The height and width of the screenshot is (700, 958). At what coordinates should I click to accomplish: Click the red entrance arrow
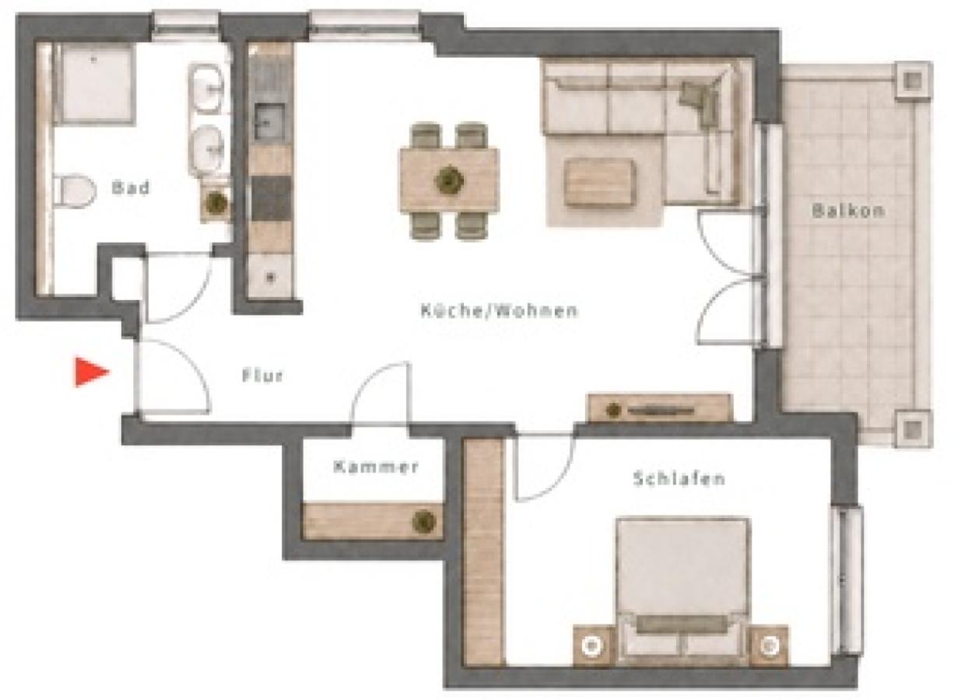pos(91,373)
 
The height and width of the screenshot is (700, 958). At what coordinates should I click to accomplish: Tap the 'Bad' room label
pos(131,187)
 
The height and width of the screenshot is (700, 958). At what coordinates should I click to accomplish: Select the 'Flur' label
pos(262,376)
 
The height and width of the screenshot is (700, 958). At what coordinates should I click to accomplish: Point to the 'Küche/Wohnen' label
pos(499,310)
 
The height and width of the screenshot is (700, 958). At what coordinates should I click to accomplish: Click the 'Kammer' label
pos(376,467)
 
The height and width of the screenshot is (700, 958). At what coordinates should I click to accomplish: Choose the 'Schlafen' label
pos(679,478)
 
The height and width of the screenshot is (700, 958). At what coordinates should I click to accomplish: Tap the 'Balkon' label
pos(848,211)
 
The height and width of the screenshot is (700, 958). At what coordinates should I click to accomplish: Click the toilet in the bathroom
pos(75,191)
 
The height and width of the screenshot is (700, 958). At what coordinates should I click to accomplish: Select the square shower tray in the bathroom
pos(94,84)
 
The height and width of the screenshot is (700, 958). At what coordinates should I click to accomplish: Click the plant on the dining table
pos(450,180)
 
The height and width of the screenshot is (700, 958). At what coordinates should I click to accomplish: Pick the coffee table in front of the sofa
pos(599,182)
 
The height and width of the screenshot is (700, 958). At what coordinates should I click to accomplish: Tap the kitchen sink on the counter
pos(269,124)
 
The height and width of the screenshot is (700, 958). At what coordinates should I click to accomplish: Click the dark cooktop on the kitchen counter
pos(271,198)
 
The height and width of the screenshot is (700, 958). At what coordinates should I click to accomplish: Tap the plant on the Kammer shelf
pos(424,522)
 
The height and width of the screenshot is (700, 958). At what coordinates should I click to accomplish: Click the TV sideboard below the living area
pos(659,409)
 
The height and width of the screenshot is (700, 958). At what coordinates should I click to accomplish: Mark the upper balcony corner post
pos(914,80)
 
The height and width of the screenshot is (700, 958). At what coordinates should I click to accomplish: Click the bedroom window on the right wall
pos(848,580)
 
